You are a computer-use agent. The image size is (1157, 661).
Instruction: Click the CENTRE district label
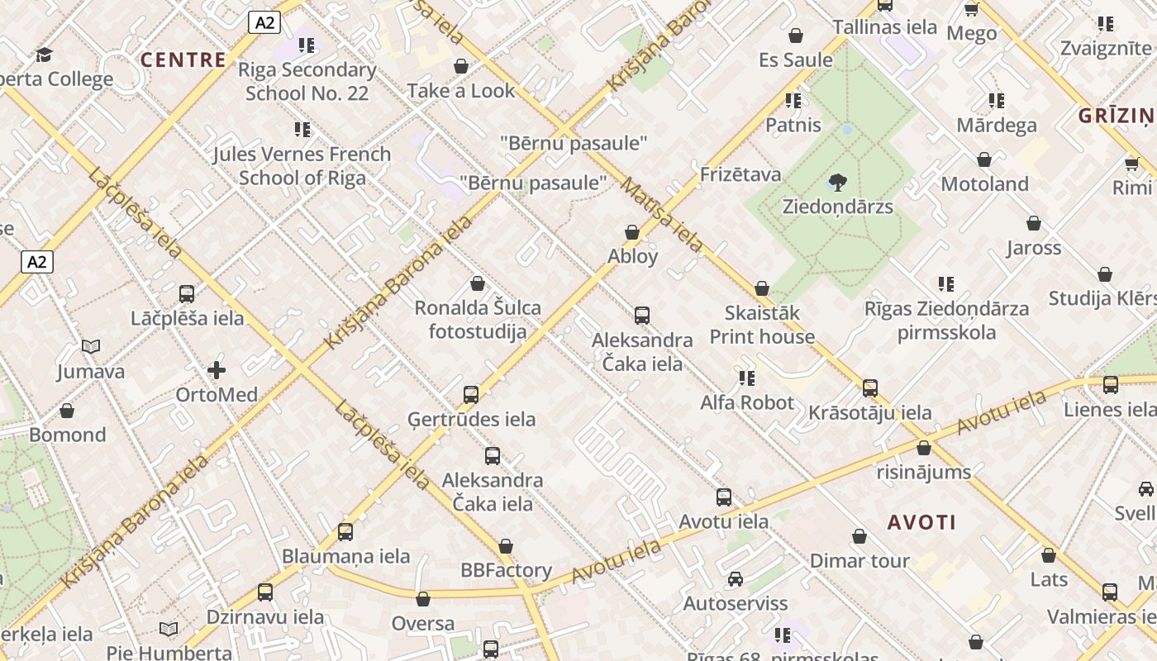click(183, 59)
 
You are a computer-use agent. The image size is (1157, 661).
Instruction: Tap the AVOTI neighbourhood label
click(921, 522)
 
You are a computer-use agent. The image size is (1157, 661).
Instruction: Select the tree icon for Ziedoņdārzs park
click(838, 183)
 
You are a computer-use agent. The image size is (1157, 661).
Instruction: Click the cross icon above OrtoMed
click(217, 370)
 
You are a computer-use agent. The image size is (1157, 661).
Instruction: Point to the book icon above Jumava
click(91, 347)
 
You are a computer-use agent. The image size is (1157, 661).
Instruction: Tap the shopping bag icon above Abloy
click(632, 232)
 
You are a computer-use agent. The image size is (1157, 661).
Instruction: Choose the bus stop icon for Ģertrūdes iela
click(471, 395)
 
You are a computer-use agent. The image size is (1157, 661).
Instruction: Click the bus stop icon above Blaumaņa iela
click(345, 532)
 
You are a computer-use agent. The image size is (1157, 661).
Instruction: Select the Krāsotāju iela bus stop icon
click(869, 388)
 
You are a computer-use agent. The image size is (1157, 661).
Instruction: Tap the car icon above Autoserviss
click(735, 579)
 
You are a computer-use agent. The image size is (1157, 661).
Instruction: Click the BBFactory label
click(506, 570)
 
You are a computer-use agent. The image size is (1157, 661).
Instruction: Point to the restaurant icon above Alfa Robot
click(747, 378)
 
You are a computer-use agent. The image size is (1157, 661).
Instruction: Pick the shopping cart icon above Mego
click(971, 9)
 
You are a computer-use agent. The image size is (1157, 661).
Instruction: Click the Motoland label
click(984, 183)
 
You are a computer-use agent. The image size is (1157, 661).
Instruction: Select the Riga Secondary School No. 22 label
click(307, 81)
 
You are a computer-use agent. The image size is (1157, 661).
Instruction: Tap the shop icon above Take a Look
click(461, 66)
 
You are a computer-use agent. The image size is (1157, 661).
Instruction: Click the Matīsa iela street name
click(662, 215)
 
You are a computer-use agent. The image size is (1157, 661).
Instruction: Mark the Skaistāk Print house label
click(762, 325)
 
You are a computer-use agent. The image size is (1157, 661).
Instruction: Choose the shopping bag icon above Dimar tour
click(859, 536)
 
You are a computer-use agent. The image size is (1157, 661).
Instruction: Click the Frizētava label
click(740, 174)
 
